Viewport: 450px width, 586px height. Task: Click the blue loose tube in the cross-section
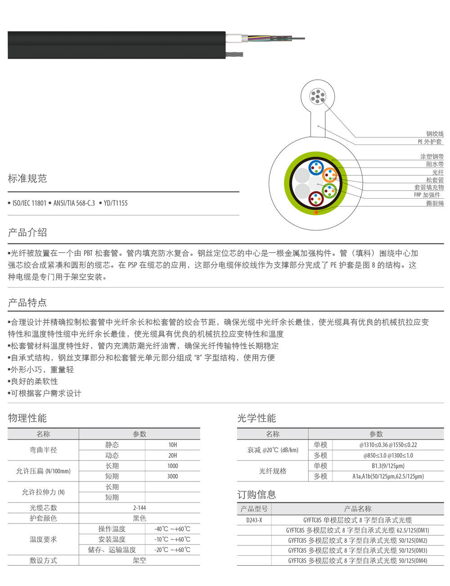click(x=316, y=167)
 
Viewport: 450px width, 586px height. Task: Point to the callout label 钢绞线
click(x=435, y=134)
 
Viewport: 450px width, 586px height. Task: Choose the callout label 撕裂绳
click(x=435, y=204)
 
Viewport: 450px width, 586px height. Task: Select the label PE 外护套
click(x=430, y=141)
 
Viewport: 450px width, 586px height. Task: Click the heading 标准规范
click(x=27, y=178)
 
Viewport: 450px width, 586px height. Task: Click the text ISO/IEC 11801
click(x=29, y=203)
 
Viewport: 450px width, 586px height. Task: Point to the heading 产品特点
click(x=27, y=303)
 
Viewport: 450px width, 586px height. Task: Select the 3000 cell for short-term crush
click(x=173, y=476)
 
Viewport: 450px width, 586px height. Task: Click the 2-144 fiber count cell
click(x=139, y=508)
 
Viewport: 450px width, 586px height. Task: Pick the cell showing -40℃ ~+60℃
click(x=172, y=529)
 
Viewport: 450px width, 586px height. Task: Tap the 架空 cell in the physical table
click(x=139, y=560)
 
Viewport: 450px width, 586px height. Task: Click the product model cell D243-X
click(x=254, y=520)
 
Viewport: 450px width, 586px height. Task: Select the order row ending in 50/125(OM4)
click(x=358, y=561)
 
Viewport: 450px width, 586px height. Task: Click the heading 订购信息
click(x=256, y=495)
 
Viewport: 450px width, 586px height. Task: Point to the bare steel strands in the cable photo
click(x=234, y=55)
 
